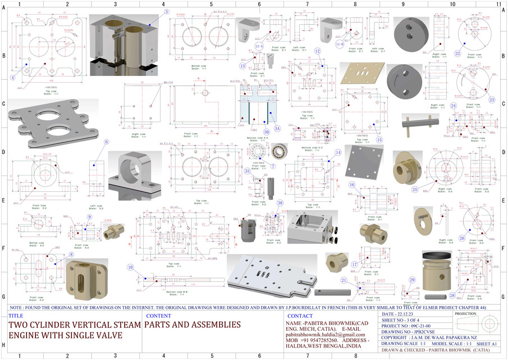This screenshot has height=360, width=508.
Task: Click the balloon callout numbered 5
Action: (x=166, y=11)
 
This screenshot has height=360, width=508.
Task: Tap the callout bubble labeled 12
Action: (x=317, y=51)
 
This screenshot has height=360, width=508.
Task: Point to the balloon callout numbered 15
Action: (x=379, y=139)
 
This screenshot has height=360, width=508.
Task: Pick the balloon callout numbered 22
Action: (x=457, y=54)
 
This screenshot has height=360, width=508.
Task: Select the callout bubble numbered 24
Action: (x=453, y=106)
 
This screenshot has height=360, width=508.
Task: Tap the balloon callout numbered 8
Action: (x=71, y=254)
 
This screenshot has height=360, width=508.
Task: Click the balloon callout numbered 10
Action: (x=130, y=267)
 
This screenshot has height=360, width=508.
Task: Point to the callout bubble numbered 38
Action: (x=280, y=202)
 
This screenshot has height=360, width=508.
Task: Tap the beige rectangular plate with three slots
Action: (x=362, y=74)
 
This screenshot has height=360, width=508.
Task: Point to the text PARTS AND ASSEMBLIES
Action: (x=194, y=325)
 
